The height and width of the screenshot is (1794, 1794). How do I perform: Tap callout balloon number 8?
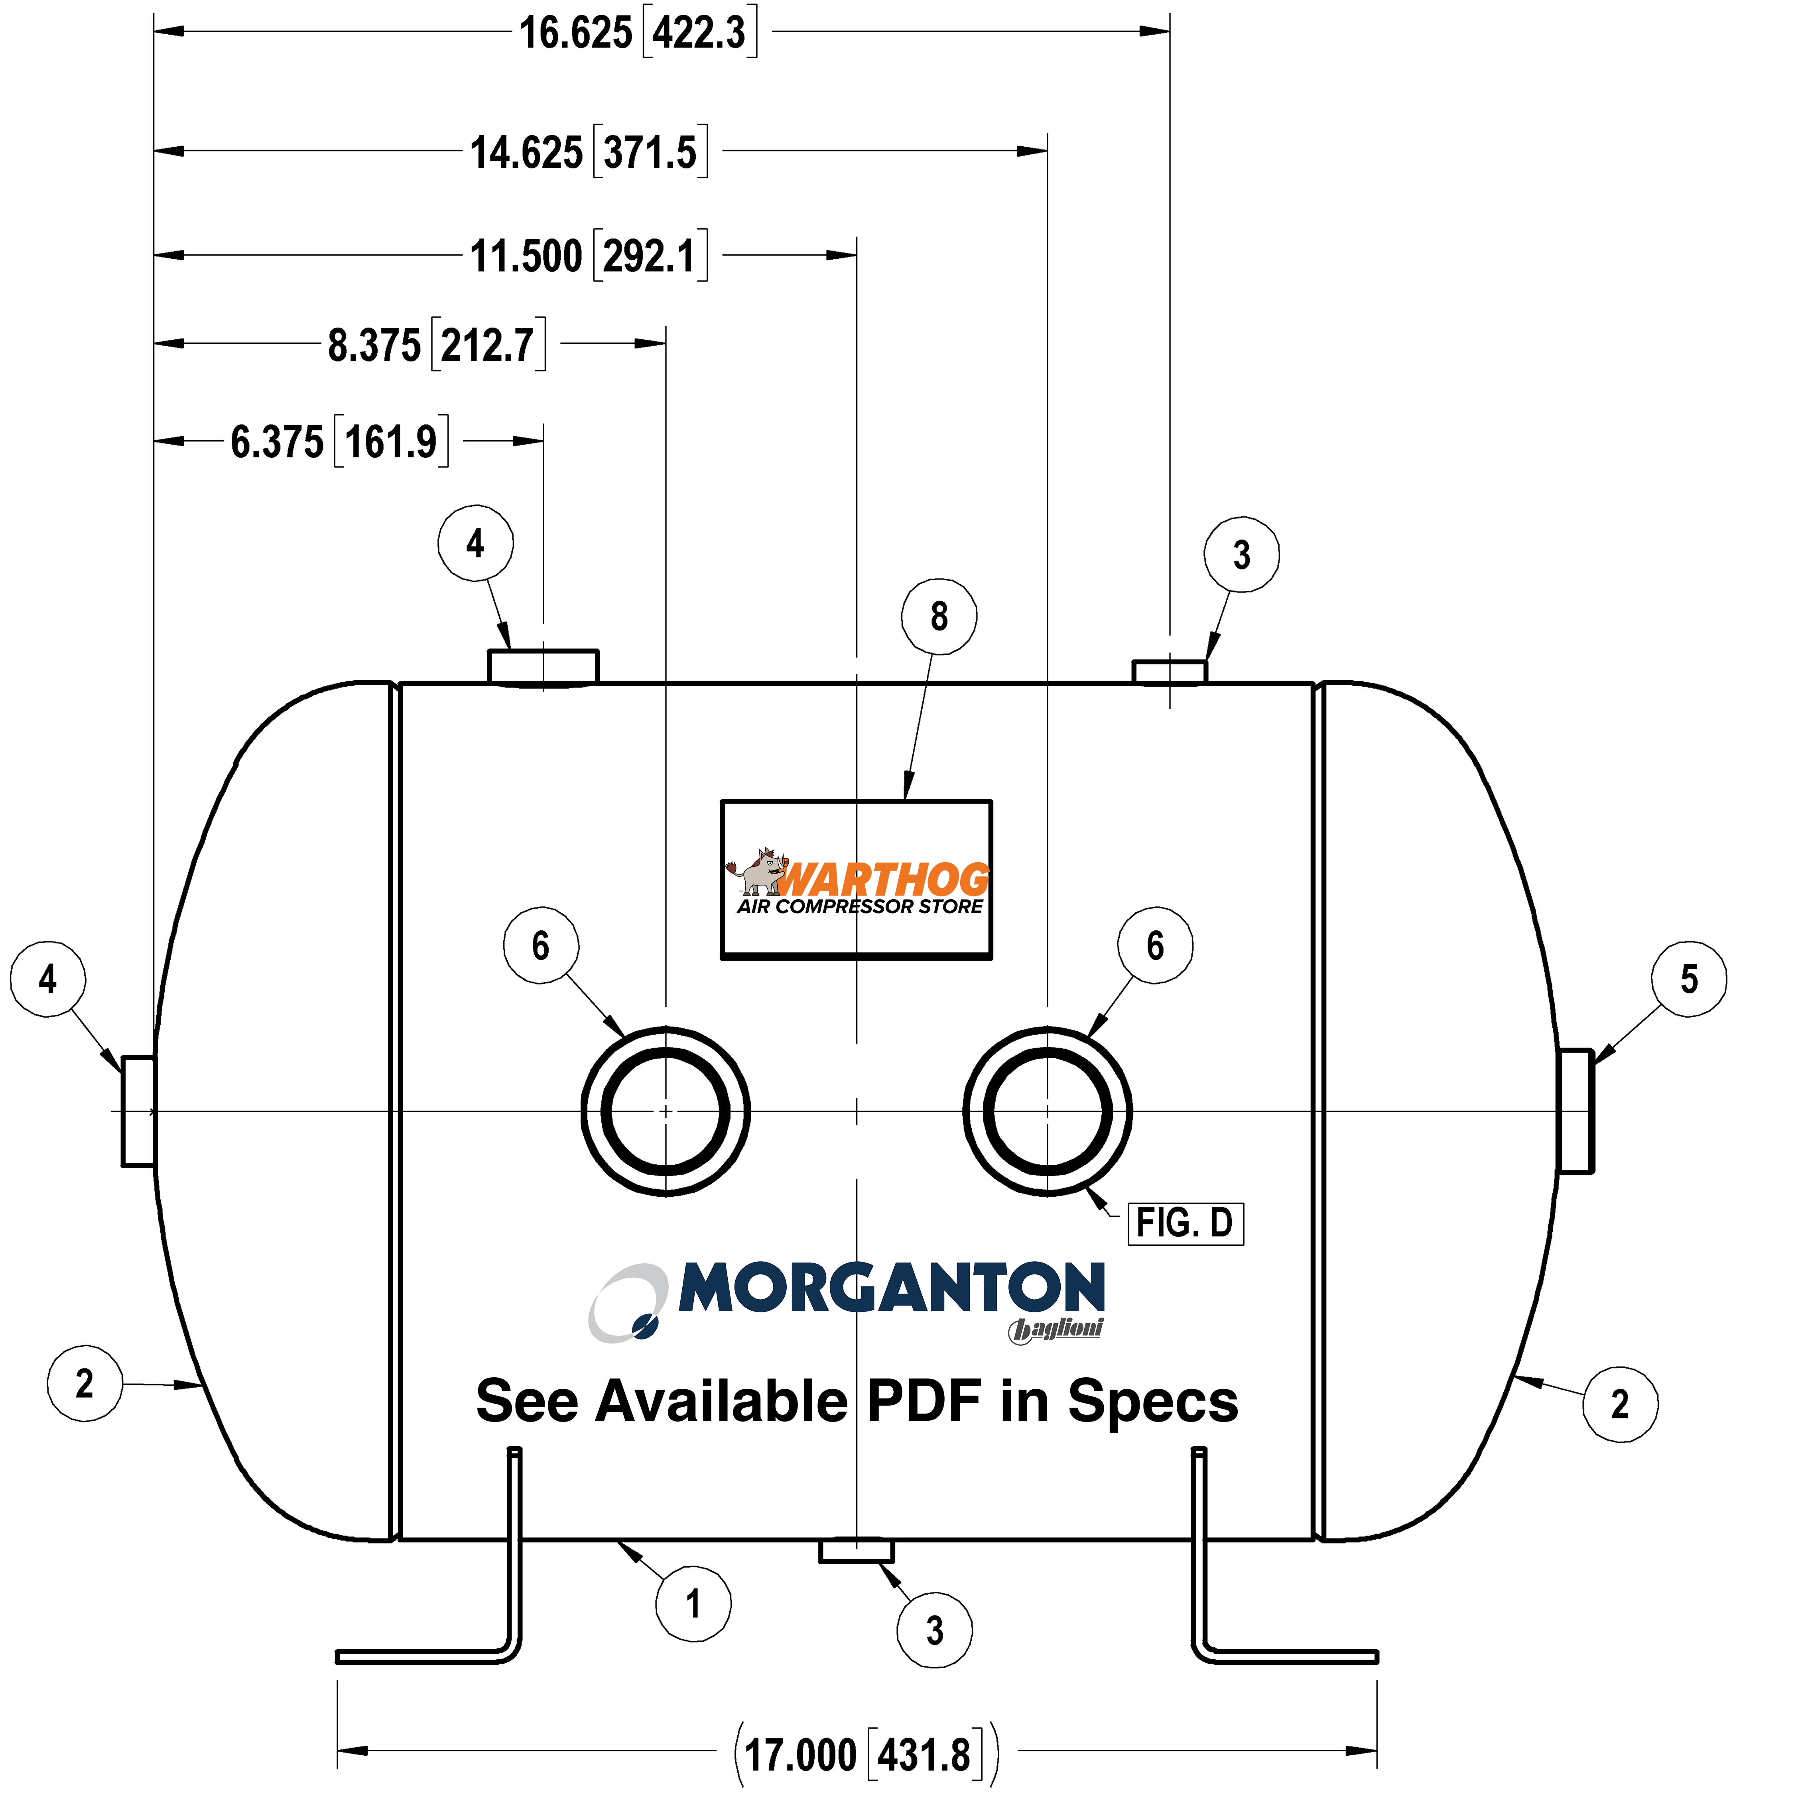click(939, 616)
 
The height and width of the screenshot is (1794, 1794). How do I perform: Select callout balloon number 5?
click(1689, 979)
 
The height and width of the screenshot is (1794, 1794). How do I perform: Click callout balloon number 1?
click(693, 1604)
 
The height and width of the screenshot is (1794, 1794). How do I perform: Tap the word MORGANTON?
click(892, 1288)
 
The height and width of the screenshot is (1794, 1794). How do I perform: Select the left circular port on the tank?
click(666, 1111)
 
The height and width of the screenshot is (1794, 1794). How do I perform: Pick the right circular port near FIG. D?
click(1048, 1111)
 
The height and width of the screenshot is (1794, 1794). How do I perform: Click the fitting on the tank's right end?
click(1576, 1111)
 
